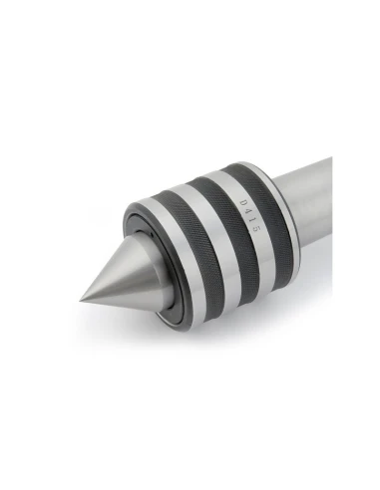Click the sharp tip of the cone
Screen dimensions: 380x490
coord(80,301)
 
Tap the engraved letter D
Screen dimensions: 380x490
coord(243,202)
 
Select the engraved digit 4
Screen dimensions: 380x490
coord(247,211)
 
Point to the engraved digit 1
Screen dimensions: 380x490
coord(251,220)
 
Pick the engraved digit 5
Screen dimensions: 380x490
coord(254,229)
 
